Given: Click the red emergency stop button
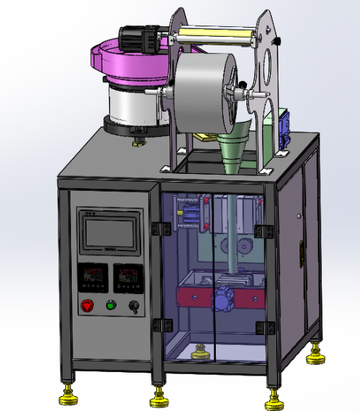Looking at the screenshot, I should click(88, 306).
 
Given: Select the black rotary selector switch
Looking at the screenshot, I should click(131, 306).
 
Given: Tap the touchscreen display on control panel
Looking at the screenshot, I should click(109, 235).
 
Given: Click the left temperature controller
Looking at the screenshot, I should click(92, 277).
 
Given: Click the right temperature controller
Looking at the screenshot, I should click(128, 276).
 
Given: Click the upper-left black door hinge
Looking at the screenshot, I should click(161, 228).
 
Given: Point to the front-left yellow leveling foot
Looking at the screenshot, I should click(69, 391).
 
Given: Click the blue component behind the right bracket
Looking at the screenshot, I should click(285, 128).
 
